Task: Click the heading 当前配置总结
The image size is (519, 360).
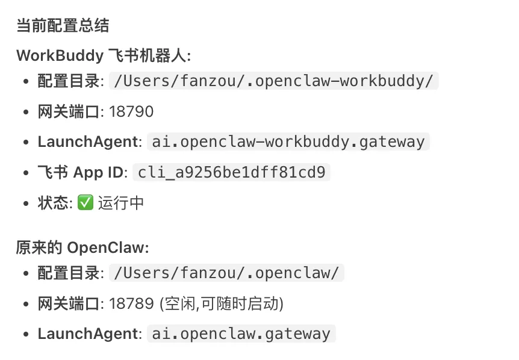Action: coord(63,26)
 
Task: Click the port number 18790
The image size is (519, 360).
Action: coord(131,111)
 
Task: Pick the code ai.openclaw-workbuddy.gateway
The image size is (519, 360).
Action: coord(288,142)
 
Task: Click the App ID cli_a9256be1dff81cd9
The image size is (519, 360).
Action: coord(231,173)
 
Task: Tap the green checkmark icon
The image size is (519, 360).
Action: coord(85,203)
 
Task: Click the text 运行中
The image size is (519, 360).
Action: coord(121,203)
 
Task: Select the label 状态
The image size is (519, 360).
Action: coord(52,203)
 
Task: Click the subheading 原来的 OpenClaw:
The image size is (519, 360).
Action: coord(82,247)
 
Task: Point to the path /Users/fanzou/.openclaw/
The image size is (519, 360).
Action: coord(226,273)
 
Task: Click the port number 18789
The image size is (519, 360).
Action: coord(131,303)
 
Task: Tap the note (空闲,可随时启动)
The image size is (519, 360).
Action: coord(221,303)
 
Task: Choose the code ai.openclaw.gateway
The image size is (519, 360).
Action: coord(241,334)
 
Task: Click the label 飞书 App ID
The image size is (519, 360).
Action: coord(80,173)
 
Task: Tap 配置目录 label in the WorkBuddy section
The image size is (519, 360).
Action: coord(69,81)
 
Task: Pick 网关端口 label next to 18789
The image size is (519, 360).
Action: coord(69,303)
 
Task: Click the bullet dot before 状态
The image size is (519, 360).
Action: coord(25,203)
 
